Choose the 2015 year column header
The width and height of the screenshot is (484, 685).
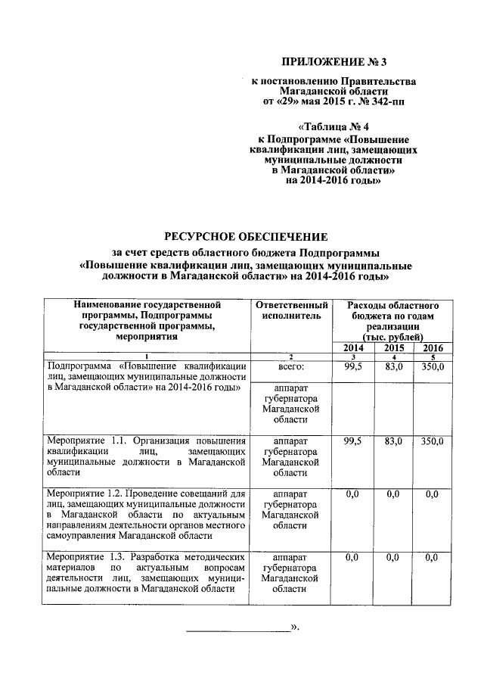(394, 347)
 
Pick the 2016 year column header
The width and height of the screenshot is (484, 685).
(433, 347)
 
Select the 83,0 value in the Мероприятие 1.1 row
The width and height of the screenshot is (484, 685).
(394, 440)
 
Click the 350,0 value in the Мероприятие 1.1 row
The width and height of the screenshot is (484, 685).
(433, 440)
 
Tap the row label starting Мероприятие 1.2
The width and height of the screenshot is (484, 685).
(144, 515)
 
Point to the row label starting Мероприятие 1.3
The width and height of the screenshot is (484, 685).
(144, 573)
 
